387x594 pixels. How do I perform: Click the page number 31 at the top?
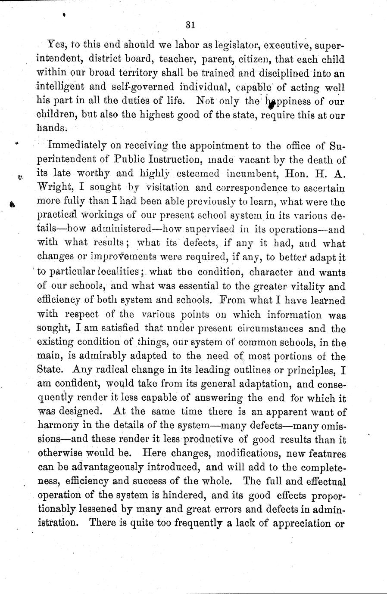[191, 26]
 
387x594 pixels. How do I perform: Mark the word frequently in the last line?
[178, 525]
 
